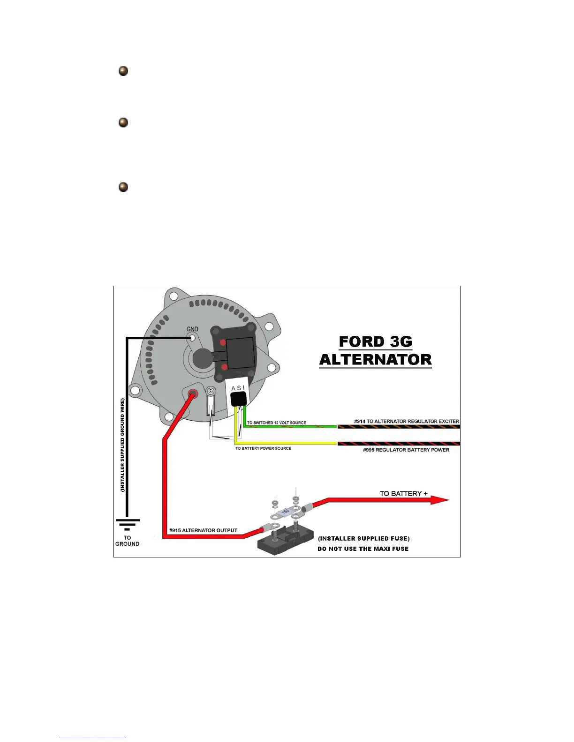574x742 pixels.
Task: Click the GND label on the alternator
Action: [192, 329]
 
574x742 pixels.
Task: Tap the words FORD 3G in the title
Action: [375, 341]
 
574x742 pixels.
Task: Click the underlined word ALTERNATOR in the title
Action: [375, 360]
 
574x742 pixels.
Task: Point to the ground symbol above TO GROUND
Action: [127, 525]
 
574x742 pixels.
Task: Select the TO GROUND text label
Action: [127, 541]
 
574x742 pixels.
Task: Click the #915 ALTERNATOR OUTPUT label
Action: [203, 530]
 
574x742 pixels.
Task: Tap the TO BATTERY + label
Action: [403, 493]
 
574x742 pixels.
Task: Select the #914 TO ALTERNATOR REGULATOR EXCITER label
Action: [407, 421]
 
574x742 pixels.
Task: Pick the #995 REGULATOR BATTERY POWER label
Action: [406, 450]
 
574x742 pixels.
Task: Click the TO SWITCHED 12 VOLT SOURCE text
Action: [276, 423]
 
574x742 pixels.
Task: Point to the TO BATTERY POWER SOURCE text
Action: [263, 448]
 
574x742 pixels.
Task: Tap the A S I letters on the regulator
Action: [238, 388]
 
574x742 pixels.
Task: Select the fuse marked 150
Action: [285, 512]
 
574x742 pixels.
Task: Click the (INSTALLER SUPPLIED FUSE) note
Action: [363, 538]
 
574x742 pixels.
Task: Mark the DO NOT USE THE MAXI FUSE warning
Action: [363, 549]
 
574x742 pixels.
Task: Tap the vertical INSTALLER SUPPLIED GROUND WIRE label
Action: [122, 445]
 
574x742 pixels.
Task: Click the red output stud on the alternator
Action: [192, 393]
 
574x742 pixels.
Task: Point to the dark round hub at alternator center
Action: [203, 358]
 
